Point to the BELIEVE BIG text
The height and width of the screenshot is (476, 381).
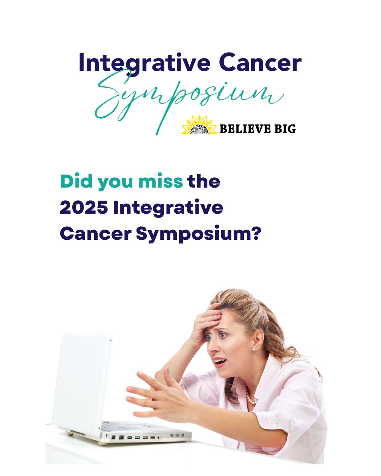pyautogui.click(x=258, y=128)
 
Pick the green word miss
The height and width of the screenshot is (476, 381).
pyautogui.click(x=161, y=181)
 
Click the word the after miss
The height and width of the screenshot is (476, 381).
pyautogui.click(x=204, y=181)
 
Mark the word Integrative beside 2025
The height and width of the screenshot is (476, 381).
pyautogui.click(x=168, y=208)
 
